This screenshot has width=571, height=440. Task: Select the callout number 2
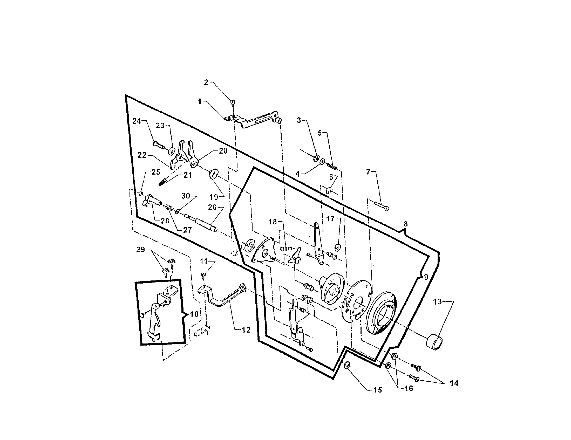click(x=206, y=82)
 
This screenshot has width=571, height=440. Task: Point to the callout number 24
click(x=137, y=121)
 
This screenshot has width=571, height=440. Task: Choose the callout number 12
click(x=246, y=330)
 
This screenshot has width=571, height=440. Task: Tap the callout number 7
click(x=368, y=172)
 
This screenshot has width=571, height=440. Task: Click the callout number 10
click(x=194, y=314)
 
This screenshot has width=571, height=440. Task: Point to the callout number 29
click(x=140, y=250)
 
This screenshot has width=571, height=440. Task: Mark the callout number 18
click(x=273, y=222)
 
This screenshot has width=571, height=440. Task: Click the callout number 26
click(x=212, y=207)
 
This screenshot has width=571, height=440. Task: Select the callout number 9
click(x=426, y=277)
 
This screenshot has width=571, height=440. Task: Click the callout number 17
click(x=330, y=218)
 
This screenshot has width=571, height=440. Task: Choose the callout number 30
click(x=186, y=196)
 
